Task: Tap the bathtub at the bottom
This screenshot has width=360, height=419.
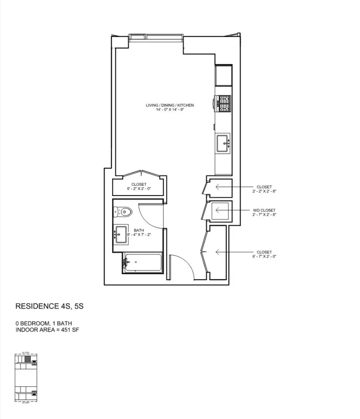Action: [143, 263]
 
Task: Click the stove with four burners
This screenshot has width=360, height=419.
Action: [223, 104]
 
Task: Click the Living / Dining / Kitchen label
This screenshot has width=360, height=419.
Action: [170, 105]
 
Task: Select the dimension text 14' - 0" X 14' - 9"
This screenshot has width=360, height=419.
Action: [170, 110]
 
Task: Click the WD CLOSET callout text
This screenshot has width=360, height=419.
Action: [264, 210]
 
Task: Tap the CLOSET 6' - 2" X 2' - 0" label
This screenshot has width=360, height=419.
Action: [139, 186]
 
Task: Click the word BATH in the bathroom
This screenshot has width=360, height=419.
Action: [139, 231]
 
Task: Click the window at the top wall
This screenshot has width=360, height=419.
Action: [156, 37]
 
